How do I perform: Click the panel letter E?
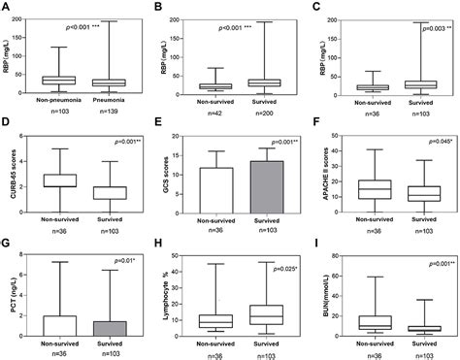pyautogui.click(x=160, y=125)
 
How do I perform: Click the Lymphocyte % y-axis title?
pyautogui.click(x=163, y=296)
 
